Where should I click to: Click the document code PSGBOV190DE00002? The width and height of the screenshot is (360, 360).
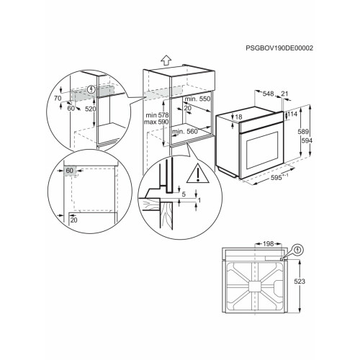click(x=279, y=48)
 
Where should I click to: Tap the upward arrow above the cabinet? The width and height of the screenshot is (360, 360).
click(x=166, y=60)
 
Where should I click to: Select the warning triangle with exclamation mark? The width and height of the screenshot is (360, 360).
click(x=197, y=174)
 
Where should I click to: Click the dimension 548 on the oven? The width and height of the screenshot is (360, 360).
click(x=268, y=94)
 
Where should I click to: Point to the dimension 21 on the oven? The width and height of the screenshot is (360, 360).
click(x=284, y=94)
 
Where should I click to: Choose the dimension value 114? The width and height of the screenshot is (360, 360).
click(x=292, y=114)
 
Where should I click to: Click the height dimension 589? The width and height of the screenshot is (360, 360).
click(x=303, y=132)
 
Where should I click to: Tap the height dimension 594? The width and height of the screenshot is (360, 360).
click(x=307, y=140)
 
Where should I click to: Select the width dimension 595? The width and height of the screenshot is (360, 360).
click(x=276, y=178)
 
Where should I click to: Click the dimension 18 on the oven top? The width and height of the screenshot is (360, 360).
click(x=238, y=117)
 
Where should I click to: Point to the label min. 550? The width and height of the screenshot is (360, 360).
click(x=197, y=99)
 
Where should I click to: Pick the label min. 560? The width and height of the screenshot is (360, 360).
click(x=185, y=132)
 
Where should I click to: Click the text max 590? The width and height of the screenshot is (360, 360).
click(x=156, y=122)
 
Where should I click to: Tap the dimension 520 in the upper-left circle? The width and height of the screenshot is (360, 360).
click(x=91, y=109)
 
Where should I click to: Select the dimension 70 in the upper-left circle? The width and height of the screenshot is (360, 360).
click(x=58, y=98)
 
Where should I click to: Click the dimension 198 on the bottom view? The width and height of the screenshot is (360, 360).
click(x=268, y=244)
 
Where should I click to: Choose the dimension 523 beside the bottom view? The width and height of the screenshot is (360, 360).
click(x=300, y=282)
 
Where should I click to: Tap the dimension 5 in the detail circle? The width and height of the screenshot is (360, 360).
click(x=184, y=194)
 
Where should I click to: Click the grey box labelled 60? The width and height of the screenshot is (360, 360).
click(x=70, y=171)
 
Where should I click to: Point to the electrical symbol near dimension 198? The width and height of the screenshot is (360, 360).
click(x=298, y=250)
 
